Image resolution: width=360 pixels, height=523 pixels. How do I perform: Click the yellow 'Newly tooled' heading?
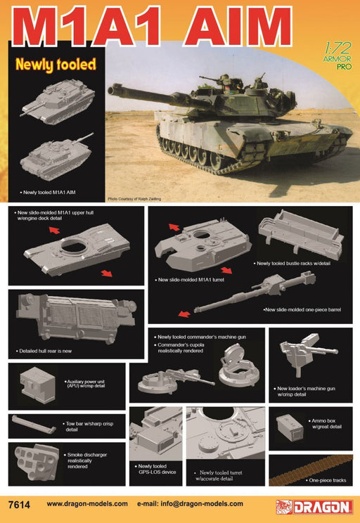pos(55,65)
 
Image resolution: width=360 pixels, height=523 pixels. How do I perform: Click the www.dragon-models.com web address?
pos(87,504)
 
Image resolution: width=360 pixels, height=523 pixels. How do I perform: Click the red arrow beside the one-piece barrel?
pos(184,313)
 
